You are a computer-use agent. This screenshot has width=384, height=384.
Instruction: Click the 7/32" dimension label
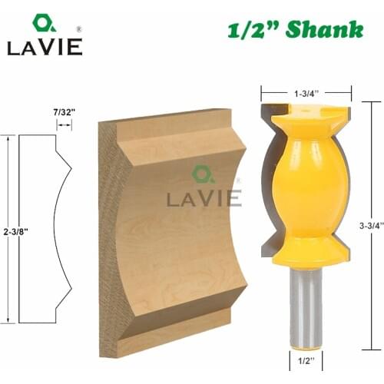(64, 109)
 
